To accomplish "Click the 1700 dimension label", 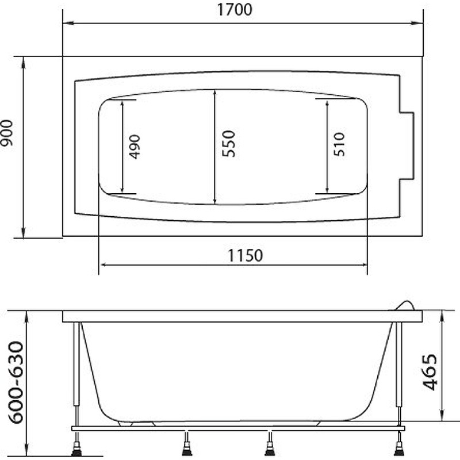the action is [x=235, y=9].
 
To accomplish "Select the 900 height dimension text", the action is [x=6, y=133].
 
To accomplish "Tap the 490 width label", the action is [x=135, y=147].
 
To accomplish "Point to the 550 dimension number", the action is [x=228, y=144].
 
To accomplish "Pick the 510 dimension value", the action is [x=339, y=144].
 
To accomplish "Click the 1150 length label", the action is [x=246, y=255].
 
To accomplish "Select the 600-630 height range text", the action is [x=16, y=382].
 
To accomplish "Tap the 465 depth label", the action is [x=430, y=372].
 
